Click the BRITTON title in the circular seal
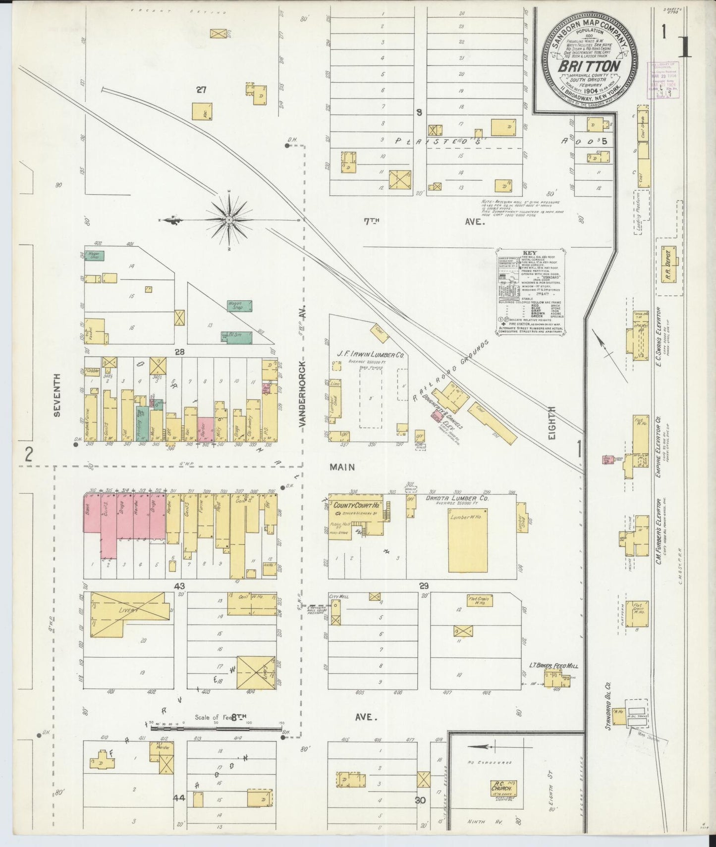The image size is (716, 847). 589,66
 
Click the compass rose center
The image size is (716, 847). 229,219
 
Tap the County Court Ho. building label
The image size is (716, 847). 356,506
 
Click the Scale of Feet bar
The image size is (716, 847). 213,728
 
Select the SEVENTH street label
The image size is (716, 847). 57,394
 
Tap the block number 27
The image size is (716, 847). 201,90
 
